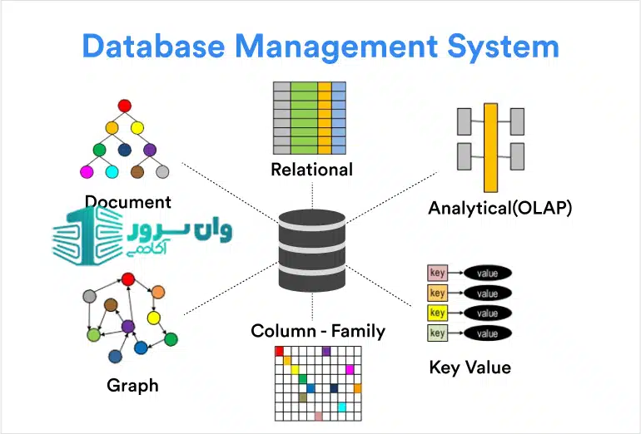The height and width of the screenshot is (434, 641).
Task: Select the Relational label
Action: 312,170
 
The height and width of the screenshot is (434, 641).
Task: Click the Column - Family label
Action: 318,331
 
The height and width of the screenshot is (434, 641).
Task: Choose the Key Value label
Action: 470,367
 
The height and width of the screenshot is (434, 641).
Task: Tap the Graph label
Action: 132,385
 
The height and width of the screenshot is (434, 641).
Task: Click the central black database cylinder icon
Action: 312,250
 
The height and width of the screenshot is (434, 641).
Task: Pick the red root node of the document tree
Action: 125,106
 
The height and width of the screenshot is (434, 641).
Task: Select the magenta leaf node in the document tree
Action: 87,172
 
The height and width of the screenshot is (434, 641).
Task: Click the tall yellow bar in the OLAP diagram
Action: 490,146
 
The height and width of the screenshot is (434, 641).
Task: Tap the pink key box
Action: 438,273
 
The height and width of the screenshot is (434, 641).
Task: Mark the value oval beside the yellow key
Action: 488,313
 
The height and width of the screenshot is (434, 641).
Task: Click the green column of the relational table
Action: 304,118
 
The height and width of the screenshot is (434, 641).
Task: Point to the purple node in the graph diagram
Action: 128,327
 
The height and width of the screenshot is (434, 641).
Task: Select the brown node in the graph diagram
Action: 111,305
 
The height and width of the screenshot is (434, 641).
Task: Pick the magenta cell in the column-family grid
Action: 350,369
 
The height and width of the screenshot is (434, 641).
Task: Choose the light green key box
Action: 438,333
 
